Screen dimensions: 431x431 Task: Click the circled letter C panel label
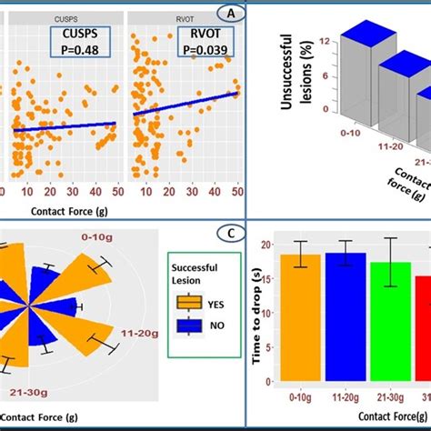(x=232, y=234)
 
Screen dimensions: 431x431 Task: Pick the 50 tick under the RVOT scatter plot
(x=236, y=193)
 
